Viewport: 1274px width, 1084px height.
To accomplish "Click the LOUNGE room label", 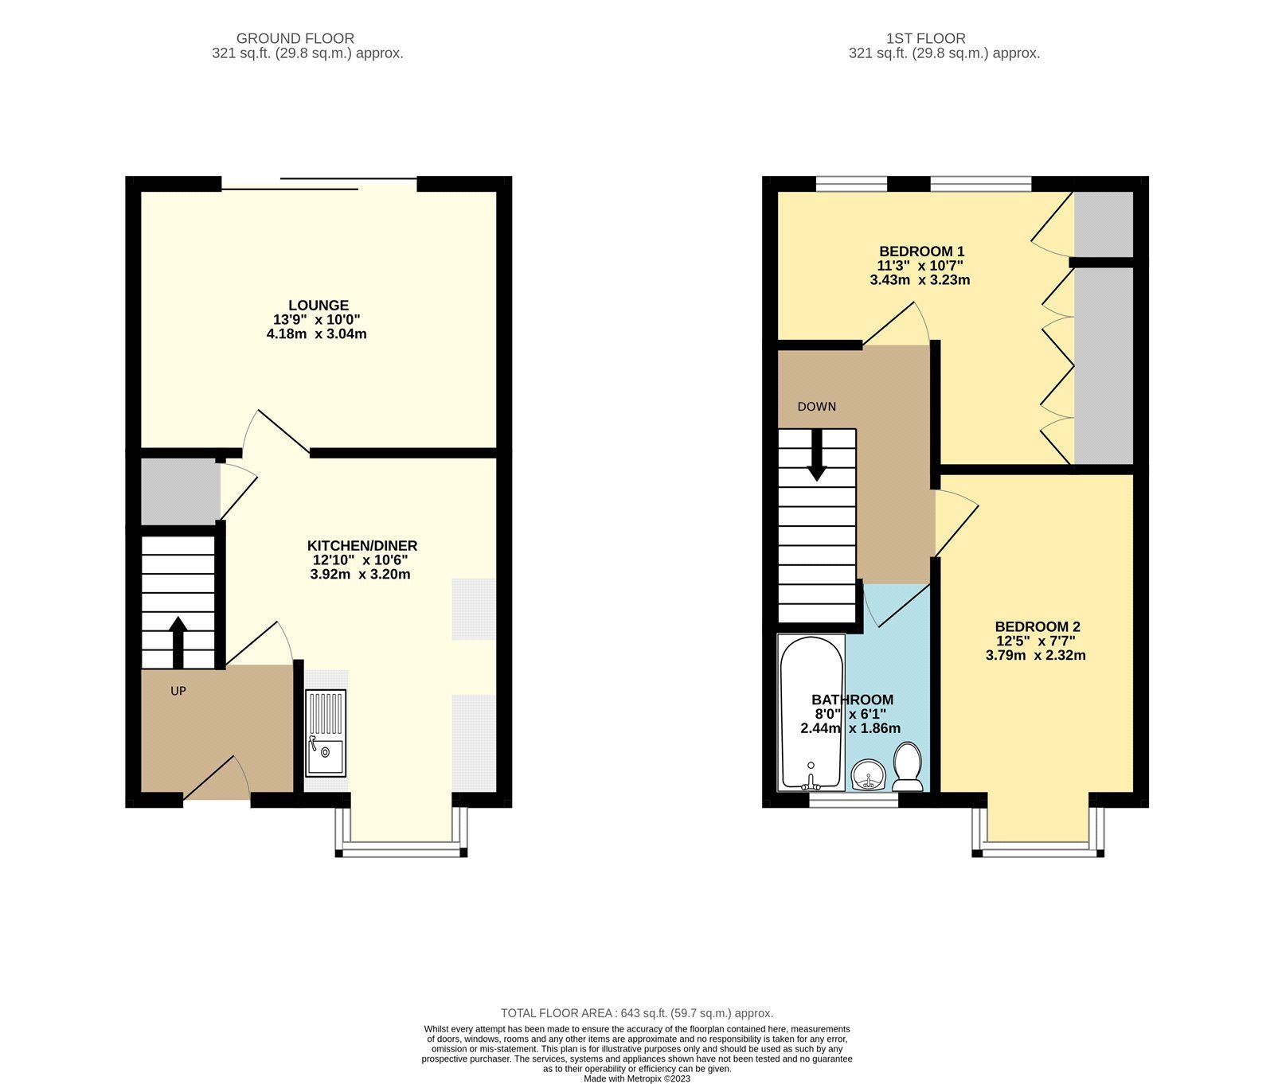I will coord(318,306).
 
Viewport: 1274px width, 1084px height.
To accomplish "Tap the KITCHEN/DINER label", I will coord(361,546).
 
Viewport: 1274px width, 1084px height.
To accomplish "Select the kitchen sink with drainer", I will coord(326,733).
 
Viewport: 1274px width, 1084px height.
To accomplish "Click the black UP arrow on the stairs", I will coord(178,642).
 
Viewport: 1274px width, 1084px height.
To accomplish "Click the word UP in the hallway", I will coord(178,691).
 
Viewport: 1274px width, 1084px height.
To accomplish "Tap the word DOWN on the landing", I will coord(816,407).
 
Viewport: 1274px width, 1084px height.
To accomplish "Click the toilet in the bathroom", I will coord(908,766).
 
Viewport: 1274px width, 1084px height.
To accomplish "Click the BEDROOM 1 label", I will coord(921,252).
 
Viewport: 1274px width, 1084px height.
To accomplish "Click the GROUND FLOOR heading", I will coord(295,38).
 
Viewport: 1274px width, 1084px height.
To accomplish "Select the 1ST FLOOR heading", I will coord(925,38).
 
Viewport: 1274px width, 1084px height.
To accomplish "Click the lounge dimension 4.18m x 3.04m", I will coord(316,334).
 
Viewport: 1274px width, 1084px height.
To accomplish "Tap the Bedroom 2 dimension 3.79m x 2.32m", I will coord(1035,656).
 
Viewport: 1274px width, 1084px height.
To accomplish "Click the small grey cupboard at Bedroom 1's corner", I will coord(1103,224).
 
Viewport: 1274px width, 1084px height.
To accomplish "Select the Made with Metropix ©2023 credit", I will coord(636,1078).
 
